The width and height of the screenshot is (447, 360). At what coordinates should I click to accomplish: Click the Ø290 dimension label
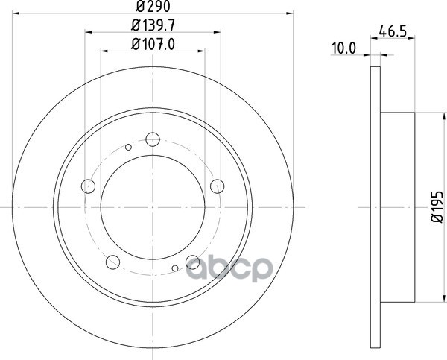click(x=153, y=6)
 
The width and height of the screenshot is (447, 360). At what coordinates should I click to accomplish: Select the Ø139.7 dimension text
click(x=153, y=25)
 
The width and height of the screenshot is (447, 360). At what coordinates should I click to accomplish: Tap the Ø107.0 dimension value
click(x=153, y=45)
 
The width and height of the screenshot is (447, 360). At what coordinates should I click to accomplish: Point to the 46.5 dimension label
click(x=393, y=31)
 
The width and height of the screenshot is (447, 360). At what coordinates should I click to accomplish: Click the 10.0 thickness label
click(x=343, y=48)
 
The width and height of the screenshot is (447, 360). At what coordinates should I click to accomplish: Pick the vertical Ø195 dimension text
click(x=437, y=206)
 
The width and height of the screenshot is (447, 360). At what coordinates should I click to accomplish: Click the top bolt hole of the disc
click(x=153, y=139)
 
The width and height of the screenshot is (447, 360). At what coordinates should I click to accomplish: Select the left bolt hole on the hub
click(x=88, y=186)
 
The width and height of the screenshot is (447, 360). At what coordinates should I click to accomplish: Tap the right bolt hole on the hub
click(x=218, y=186)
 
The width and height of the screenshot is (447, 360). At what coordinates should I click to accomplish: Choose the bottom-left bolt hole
click(x=112, y=262)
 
